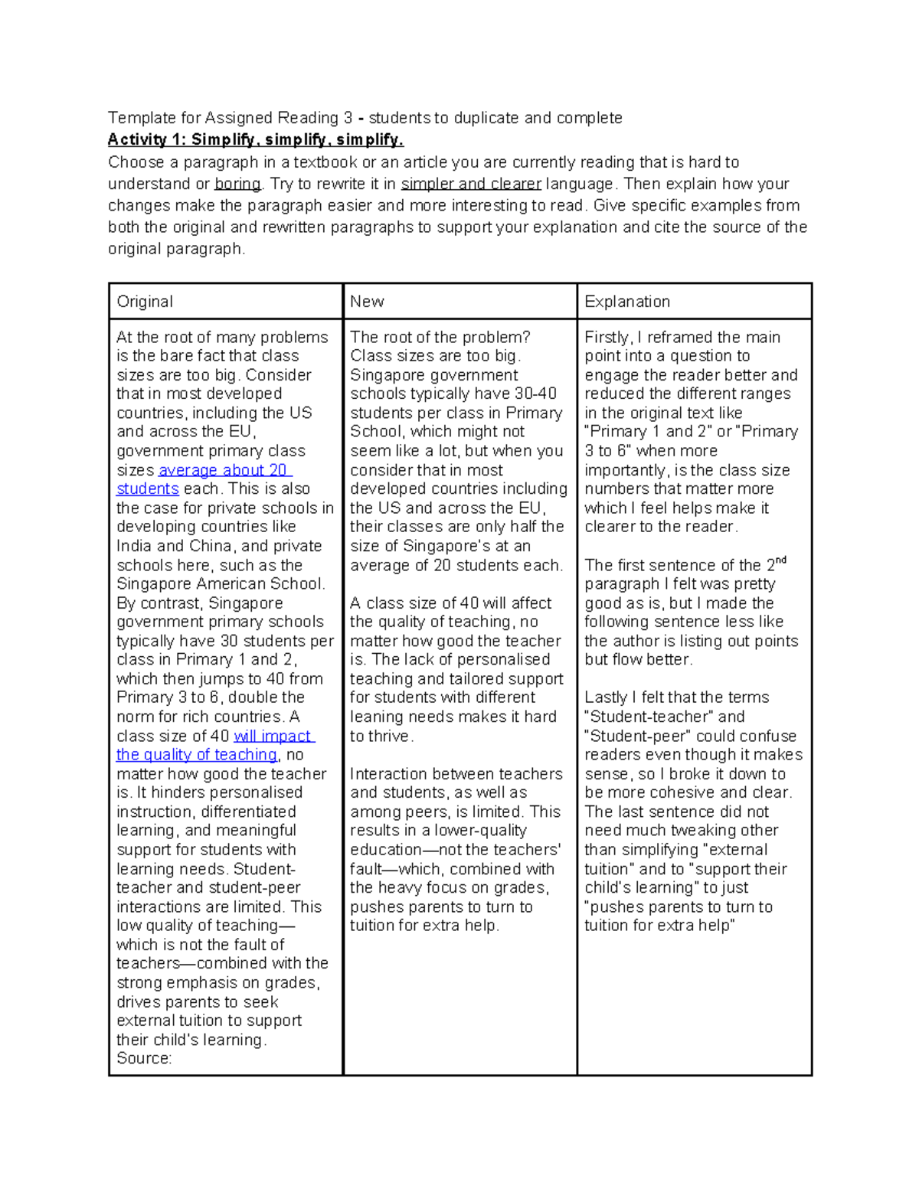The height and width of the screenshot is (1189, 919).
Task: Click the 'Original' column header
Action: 145,302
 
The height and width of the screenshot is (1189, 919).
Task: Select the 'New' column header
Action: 367,302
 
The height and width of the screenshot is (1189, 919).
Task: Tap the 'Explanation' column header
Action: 626,302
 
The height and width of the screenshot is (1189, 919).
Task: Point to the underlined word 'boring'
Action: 237,184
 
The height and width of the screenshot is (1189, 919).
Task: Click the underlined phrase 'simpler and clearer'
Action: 471,184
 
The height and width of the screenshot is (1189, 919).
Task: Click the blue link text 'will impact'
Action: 273,736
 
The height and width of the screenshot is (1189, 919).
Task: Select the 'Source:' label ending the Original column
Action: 144,1058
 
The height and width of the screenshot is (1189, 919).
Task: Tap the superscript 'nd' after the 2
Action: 781,560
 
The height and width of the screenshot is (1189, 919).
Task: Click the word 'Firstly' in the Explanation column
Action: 607,337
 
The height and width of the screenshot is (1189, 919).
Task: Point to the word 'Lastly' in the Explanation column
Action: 606,697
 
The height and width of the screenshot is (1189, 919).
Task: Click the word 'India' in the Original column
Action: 135,546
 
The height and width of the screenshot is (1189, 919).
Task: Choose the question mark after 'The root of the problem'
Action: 526,337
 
